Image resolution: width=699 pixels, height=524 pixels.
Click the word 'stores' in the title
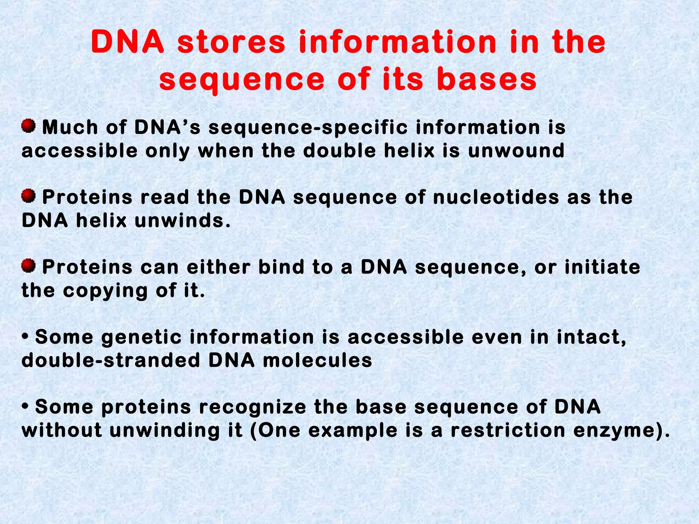231,43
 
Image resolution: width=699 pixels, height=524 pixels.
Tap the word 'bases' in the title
486,79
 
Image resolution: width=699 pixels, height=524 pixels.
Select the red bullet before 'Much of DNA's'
28,126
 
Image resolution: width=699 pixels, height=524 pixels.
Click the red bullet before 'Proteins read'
28,196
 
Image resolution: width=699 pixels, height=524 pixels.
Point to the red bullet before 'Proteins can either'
28,266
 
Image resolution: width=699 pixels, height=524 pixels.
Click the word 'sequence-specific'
308,128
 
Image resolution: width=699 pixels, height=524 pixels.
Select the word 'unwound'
516,150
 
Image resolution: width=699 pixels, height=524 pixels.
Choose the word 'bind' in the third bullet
281,267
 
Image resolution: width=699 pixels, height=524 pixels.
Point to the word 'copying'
105,291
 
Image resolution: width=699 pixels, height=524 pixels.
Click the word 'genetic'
142,337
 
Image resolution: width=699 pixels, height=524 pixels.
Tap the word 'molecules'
317,361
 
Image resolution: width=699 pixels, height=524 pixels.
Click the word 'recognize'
253,407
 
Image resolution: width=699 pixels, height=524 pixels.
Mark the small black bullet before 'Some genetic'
25,337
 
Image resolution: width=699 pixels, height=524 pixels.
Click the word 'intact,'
591,337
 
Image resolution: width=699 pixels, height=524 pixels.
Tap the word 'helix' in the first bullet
409,150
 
